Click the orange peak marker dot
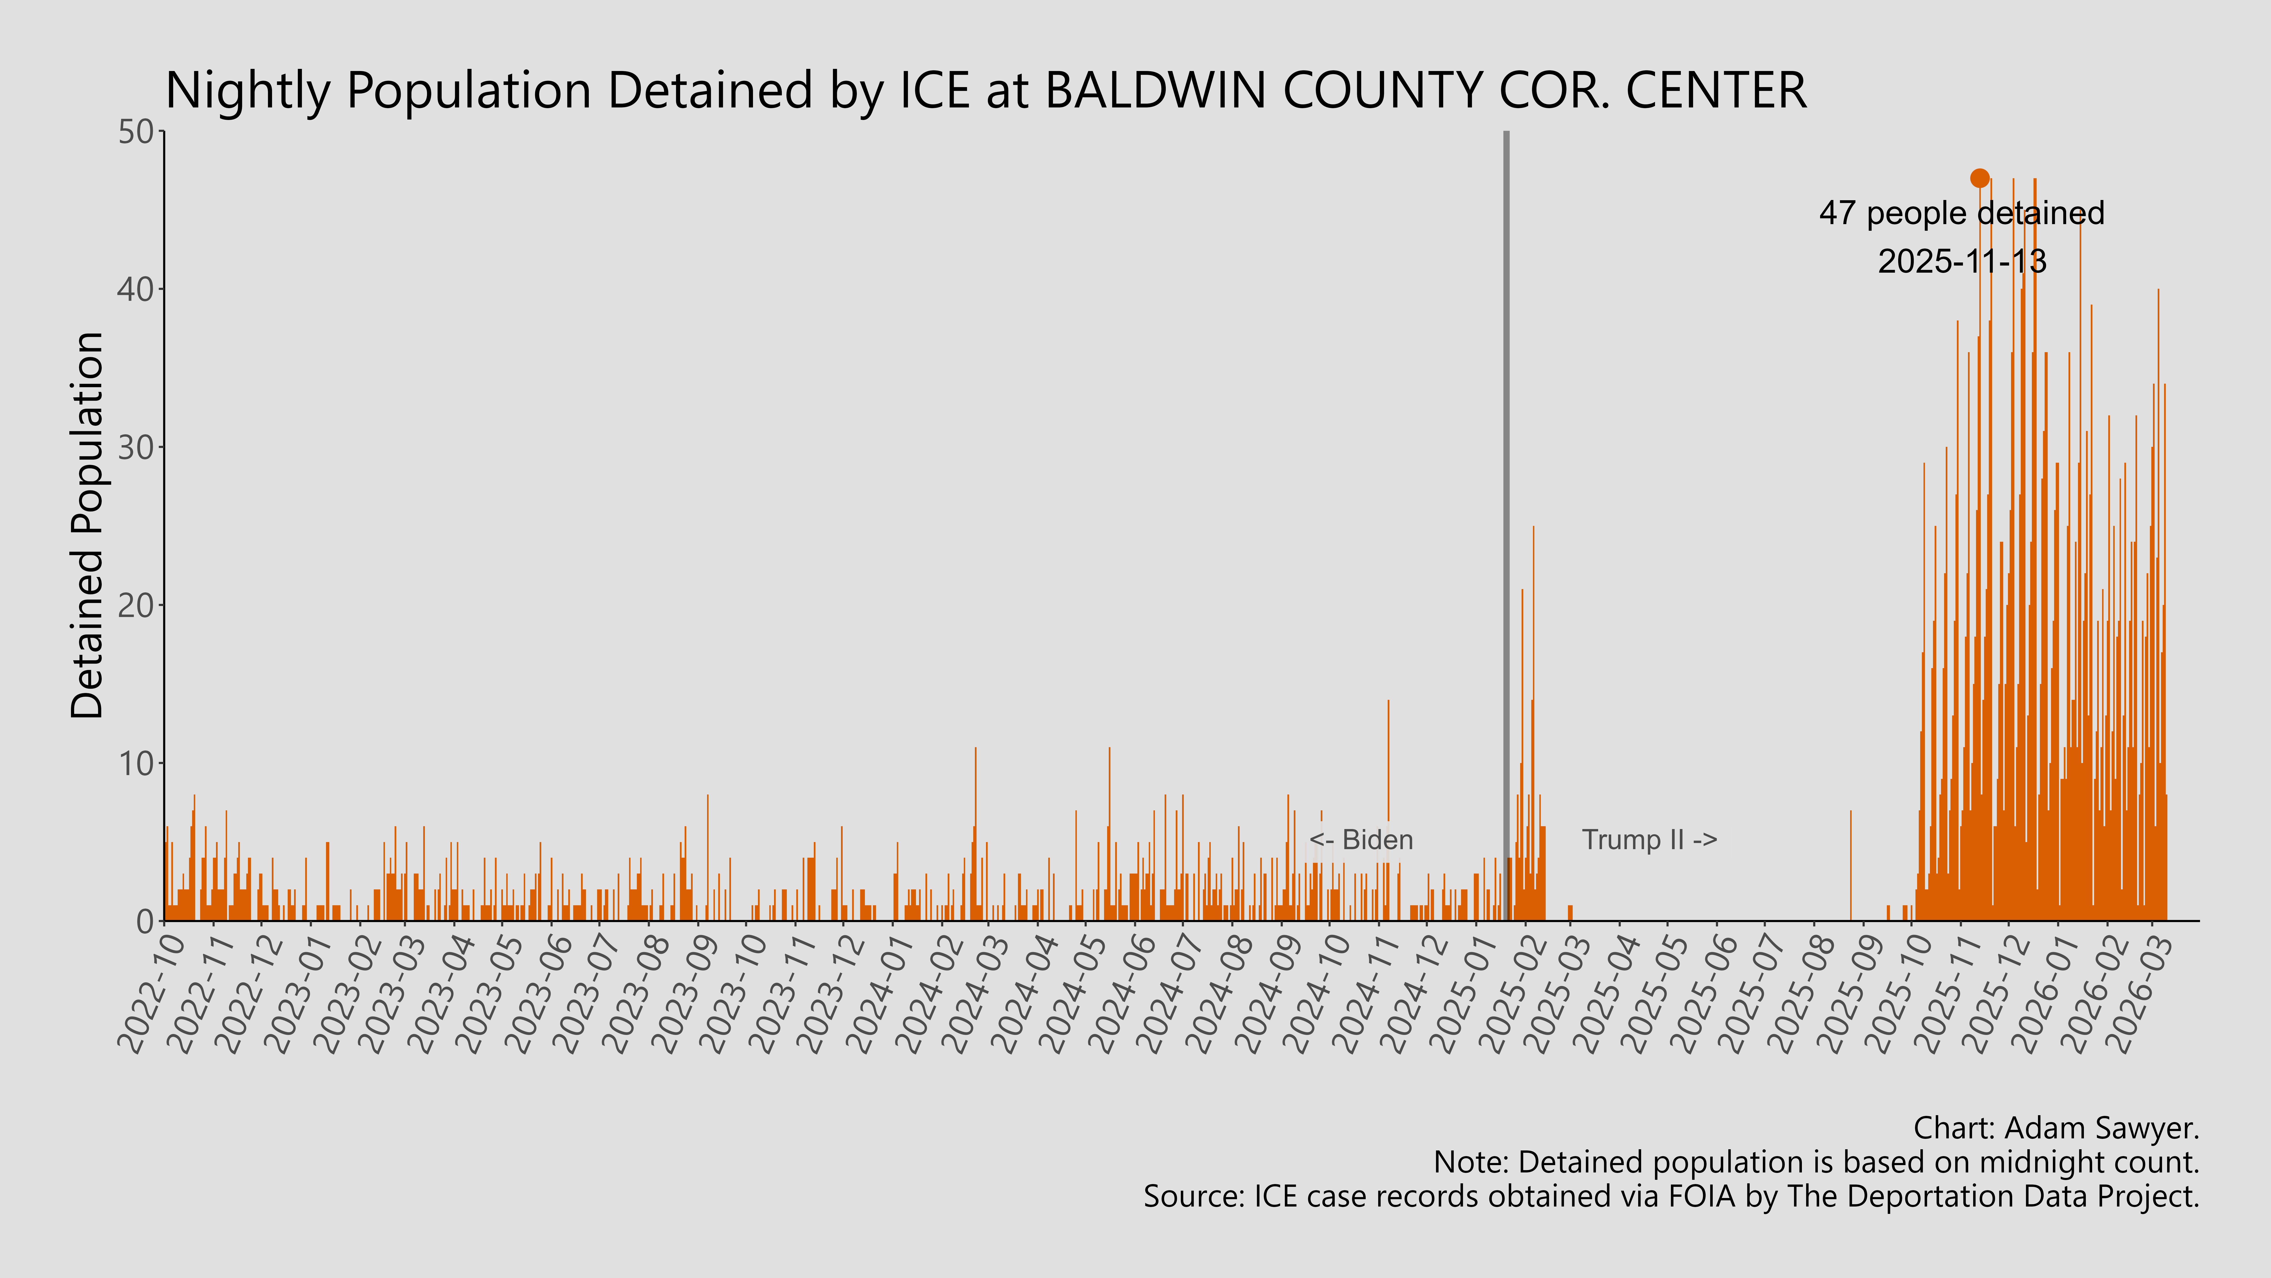pos(1979,178)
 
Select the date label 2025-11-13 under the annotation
pos(1962,261)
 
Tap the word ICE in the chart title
pos(934,91)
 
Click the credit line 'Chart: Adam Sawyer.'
pos(2056,1128)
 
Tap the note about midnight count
pos(1816,1163)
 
